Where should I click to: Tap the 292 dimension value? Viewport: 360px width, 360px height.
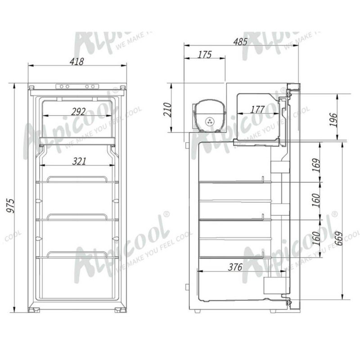click(78, 112)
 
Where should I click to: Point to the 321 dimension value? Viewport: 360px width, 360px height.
click(78, 161)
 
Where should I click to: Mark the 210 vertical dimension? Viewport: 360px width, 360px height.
click(167, 109)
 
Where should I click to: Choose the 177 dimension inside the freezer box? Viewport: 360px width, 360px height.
click(257, 109)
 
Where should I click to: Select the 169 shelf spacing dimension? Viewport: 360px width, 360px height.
click(317, 166)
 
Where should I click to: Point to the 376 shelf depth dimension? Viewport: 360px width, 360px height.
click(235, 267)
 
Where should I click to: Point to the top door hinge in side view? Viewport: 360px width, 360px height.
click(293, 87)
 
